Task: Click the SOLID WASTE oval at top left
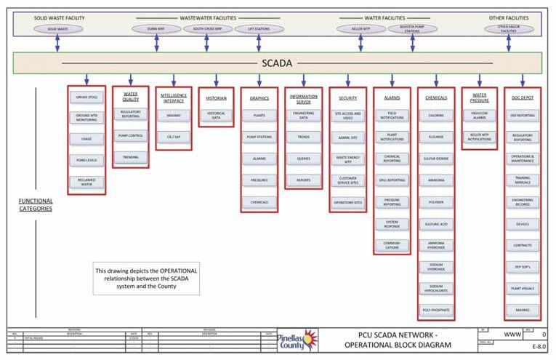click(57, 29)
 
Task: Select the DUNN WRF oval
click(156, 29)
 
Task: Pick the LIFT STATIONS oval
click(259, 29)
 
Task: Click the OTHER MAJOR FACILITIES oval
click(507, 29)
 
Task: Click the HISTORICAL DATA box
click(217, 115)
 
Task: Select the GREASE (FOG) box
click(86, 96)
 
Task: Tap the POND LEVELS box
click(86, 159)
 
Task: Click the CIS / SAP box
click(174, 136)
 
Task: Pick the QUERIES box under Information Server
click(303, 156)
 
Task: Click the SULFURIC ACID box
click(437, 224)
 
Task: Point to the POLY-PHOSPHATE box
click(437, 310)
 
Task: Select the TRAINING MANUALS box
click(523, 180)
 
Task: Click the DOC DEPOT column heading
click(523, 97)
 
